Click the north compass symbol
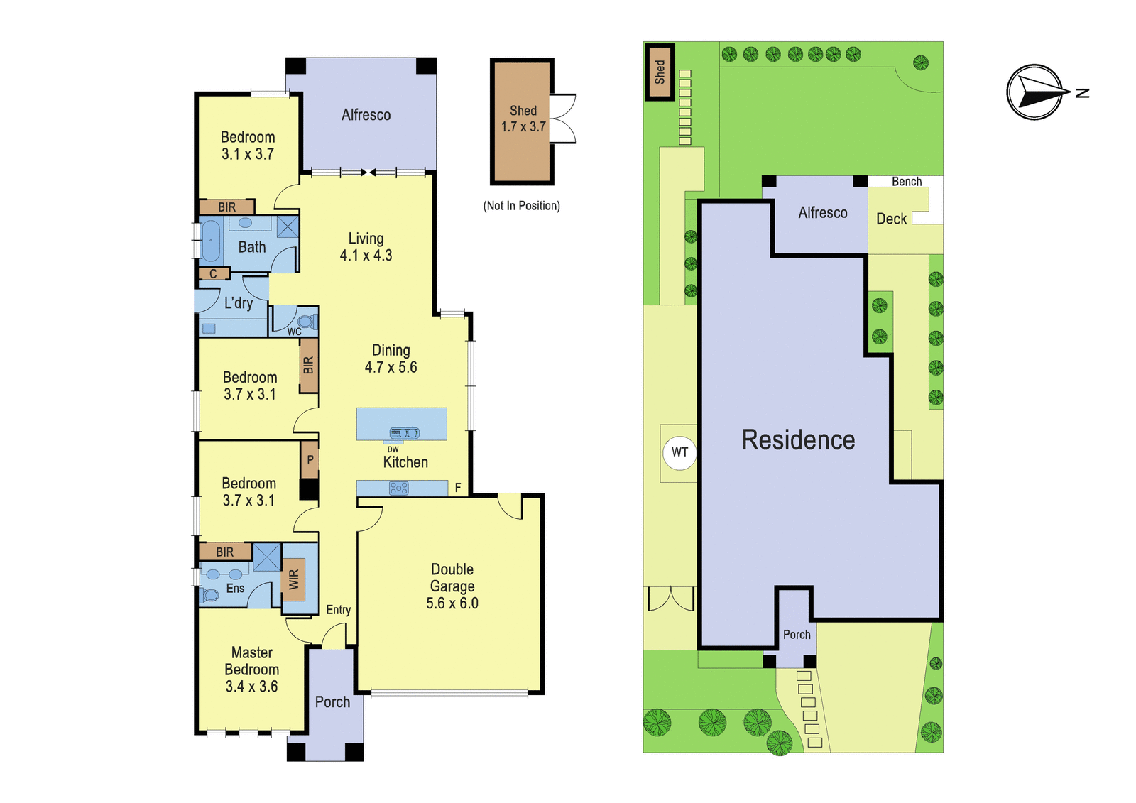[1034, 92]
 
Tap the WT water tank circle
[679, 452]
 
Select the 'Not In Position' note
[521, 205]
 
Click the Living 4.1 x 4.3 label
[366, 246]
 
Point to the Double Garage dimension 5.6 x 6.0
[452, 603]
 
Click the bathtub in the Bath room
[210, 240]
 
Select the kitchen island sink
[404, 432]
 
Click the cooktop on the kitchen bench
[398, 488]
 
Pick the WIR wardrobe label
[294, 579]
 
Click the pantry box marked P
[310, 459]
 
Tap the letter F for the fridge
[458, 488]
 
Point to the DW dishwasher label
[393, 449]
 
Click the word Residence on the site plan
[798, 439]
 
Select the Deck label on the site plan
[891, 219]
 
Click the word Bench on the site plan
[907, 181]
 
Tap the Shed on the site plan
[660, 72]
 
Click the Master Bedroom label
[251, 660]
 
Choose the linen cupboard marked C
[214, 274]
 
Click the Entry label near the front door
[338, 610]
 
